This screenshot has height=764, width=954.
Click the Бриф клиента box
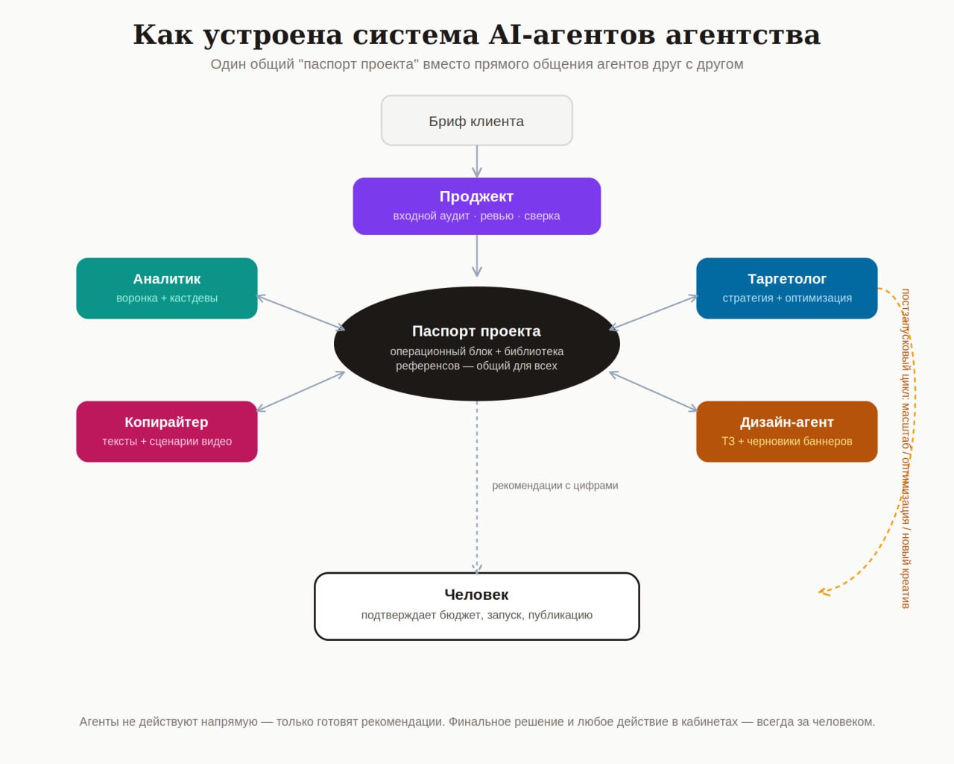[476, 120]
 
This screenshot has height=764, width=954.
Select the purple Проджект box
[476, 206]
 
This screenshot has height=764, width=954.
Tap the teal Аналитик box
[167, 288]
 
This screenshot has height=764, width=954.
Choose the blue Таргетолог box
[787, 288]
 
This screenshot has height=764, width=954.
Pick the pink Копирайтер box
[167, 431]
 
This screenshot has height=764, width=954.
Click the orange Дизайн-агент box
[787, 431]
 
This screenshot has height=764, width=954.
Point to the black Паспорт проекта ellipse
[476, 344]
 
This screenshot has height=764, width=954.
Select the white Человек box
[476, 607]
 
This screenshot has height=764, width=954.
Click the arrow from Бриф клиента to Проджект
[477, 162]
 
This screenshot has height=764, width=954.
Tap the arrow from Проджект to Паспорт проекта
[477, 256]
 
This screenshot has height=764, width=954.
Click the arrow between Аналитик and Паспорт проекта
[300, 313]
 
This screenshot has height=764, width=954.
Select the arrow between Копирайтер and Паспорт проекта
[300, 392]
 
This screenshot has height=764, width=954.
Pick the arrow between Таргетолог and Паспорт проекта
[654, 313]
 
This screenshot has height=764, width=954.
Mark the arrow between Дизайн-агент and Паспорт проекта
[654, 392]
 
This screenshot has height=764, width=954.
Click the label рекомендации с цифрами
[555, 486]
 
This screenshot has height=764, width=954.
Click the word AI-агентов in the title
[572, 35]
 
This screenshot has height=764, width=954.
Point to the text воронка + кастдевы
[167, 298]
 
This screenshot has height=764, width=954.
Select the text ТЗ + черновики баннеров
[787, 441]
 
